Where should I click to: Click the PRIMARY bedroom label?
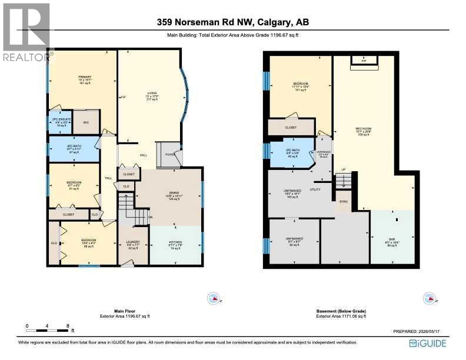[x=82, y=77]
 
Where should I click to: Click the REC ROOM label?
[x=363, y=128]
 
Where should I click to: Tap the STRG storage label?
[x=343, y=202]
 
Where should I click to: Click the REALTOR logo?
[x=26, y=32]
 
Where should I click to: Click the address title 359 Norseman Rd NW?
[x=232, y=22]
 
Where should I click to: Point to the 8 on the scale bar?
[x=68, y=325]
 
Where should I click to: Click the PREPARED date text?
[x=425, y=332]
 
